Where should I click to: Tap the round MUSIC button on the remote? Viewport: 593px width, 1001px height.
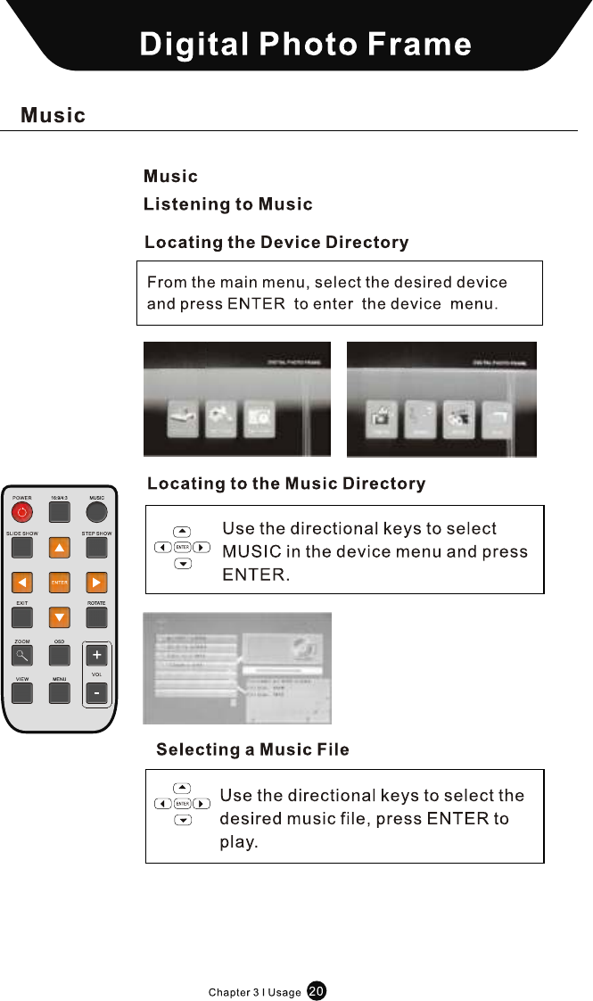coord(96,512)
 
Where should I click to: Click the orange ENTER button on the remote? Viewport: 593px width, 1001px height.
coord(59,583)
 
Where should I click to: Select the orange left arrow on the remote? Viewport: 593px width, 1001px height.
coord(22,583)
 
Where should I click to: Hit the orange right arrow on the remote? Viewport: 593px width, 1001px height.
coord(96,583)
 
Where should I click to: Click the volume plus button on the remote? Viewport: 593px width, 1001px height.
coord(96,656)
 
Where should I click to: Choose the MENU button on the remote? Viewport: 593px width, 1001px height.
coord(59,692)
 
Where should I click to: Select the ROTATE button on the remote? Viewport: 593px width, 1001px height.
coord(96,617)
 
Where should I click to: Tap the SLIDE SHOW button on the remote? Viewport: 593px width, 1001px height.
coord(22,547)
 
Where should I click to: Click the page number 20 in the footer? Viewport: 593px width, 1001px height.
coord(317,990)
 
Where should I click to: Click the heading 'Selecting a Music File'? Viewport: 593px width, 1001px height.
coord(252,750)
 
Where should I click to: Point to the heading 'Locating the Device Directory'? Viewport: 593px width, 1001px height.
coord(276,243)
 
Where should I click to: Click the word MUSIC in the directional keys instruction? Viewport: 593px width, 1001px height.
coord(252,552)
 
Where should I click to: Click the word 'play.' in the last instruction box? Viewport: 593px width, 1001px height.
coord(238,842)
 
